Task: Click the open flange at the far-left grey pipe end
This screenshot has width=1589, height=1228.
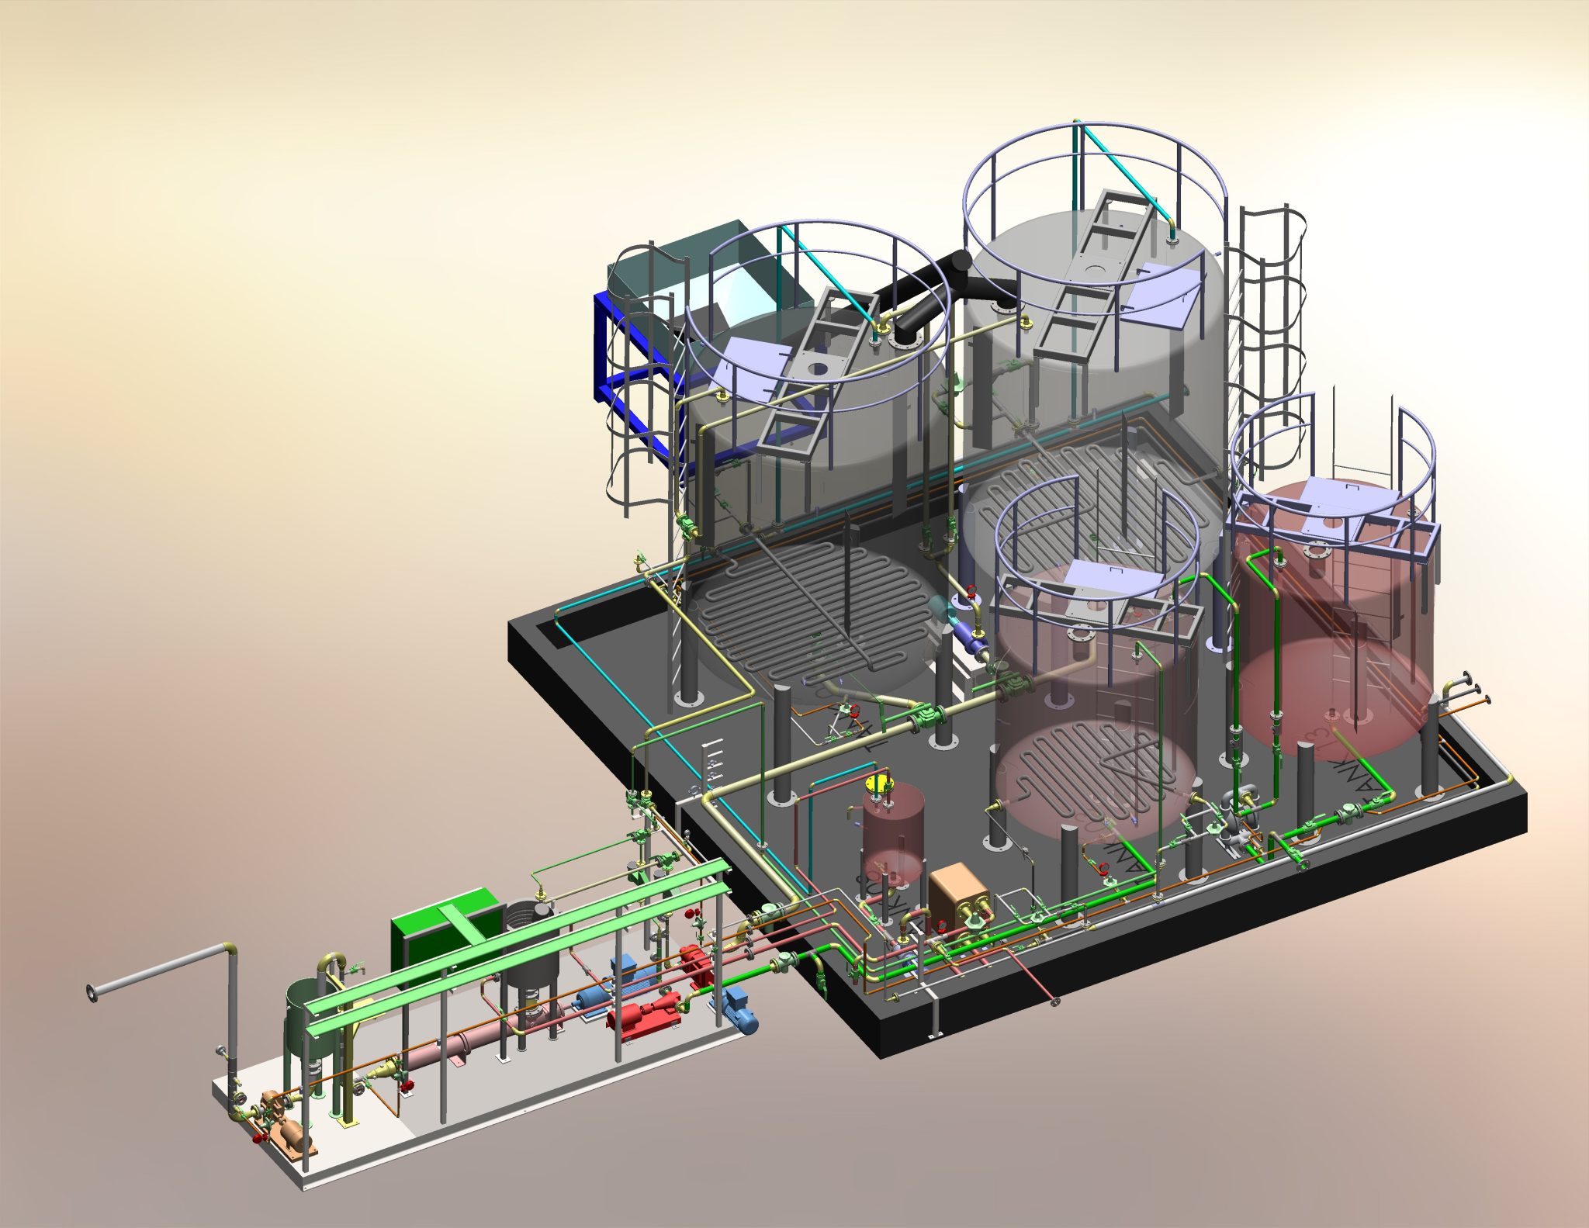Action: click(x=92, y=991)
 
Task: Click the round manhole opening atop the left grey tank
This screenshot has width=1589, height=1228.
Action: click(x=817, y=370)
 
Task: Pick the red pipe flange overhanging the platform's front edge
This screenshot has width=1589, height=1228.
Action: click(x=1054, y=1003)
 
